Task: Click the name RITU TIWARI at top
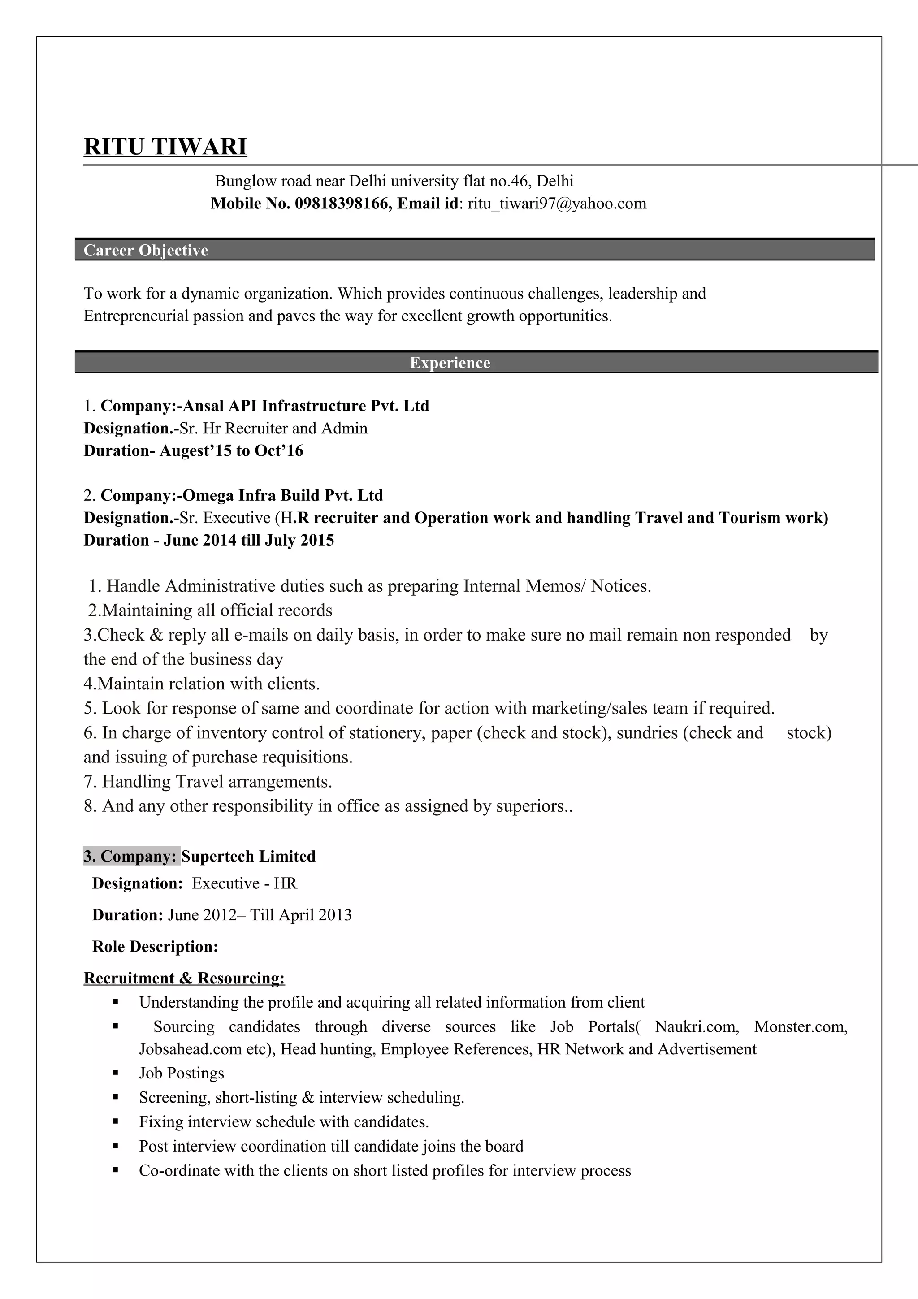coord(165,147)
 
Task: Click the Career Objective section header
coord(146,250)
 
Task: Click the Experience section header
coord(450,363)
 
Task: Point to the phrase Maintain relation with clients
coord(202,684)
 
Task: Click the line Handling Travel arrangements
coord(208,781)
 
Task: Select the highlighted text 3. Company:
coord(131,856)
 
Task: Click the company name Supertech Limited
coord(248,856)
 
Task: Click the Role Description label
coord(155,947)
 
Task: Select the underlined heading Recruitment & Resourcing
coord(184,978)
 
